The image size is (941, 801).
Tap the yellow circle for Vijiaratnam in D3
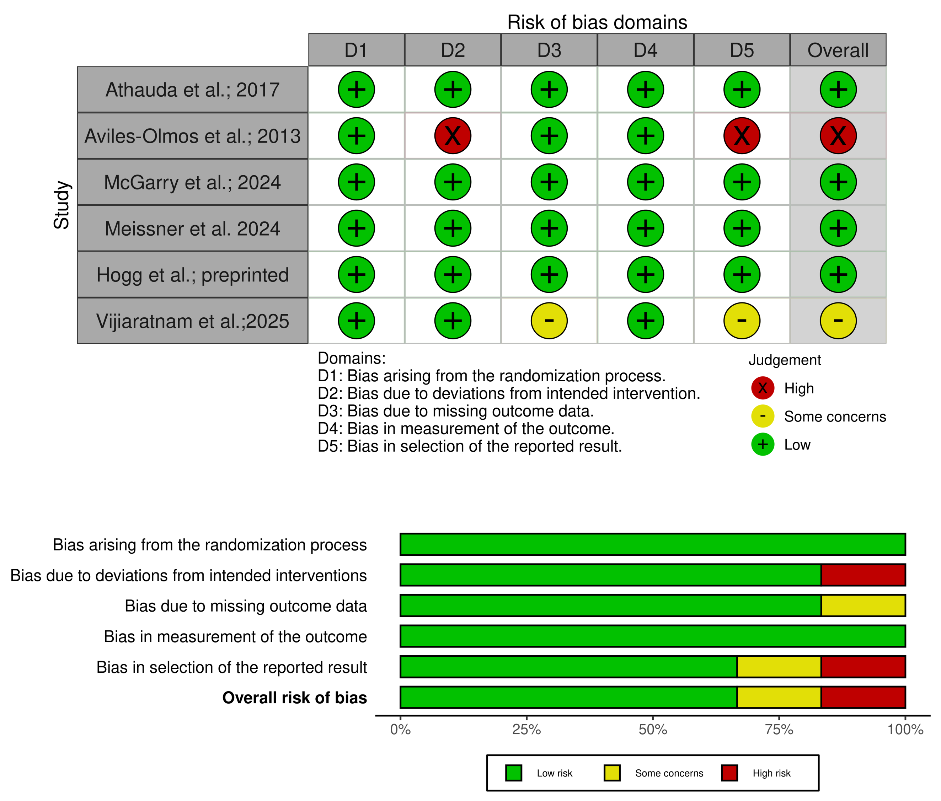(549, 321)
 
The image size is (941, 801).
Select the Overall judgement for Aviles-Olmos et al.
(838, 136)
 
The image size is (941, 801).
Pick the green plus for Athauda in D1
(357, 90)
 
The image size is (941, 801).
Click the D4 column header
(645, 50)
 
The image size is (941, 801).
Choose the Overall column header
(838, 50)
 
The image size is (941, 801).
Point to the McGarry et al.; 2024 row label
(193, 182)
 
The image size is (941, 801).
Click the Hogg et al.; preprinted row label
(193, 275)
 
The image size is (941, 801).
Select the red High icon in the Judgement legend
(763, 388)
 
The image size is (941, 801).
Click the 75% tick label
(779, 729)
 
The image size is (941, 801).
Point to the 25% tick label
(526, 729)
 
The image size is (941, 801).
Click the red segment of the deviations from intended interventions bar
(863, 575)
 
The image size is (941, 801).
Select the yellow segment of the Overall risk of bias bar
(779, 697)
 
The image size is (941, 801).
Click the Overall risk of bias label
(294, 698)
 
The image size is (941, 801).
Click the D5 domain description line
(470, 446)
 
